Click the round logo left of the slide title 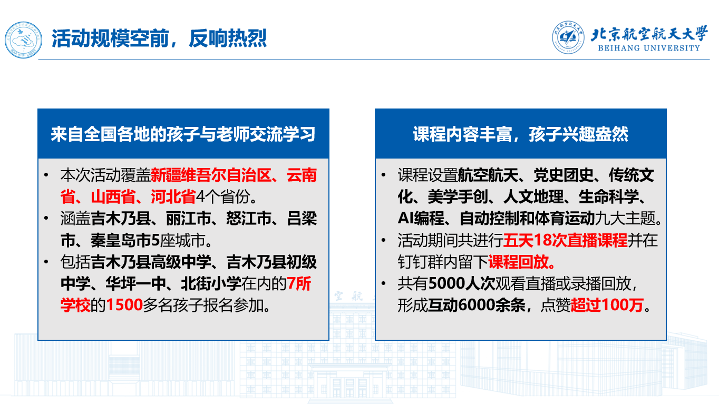[x=23, y=40]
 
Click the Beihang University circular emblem [x=568, y=37]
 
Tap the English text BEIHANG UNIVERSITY [x=649, y=48]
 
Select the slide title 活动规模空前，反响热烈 [x=159, y=38]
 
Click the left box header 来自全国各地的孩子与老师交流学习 [x=183, y=134]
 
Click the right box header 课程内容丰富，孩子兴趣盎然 [x=520, y=134]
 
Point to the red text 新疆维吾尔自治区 [x=211, y=175]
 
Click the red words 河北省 [x=173, y=197]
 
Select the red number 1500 [x=124, y=305]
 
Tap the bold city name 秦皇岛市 [x=121, y=240]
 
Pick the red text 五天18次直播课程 [x=565, y=240]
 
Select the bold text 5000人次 [x=462, y=283]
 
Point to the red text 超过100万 [x=607, y=305]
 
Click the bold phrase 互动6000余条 [x=477, y=305]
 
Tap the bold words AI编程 [x=421, y=219]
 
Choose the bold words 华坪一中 [x=135, y=283]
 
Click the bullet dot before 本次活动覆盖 [x=46, y=175]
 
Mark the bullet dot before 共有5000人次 [x=384, y=283]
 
